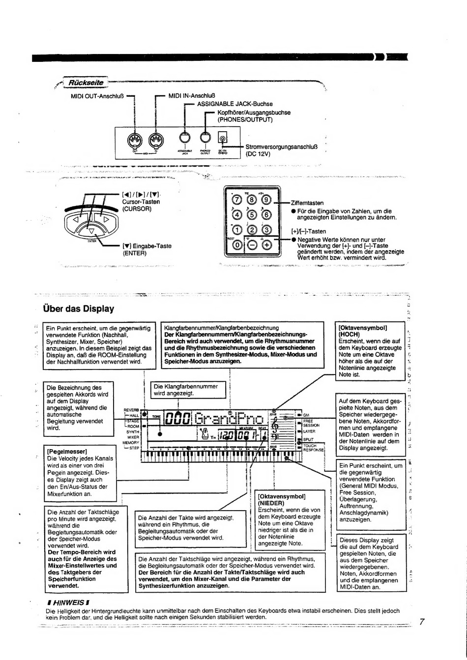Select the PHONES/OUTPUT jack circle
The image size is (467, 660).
click(x=205, y=140)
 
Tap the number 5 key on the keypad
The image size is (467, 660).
click(x=252, y=214)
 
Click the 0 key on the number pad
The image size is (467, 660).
click(x=237, y=244)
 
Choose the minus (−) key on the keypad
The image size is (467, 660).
click(x=252, y=244)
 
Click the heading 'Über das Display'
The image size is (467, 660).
click(x=79, y=309)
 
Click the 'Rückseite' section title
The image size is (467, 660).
click(x=86, y=83)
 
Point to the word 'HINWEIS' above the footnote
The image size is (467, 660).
click(x=67, y=602)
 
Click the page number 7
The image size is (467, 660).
click(x=421, y=622)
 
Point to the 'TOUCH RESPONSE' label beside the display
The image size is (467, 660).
click(x=313, y=448)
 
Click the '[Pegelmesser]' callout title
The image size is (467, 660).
click(x=67, y=451)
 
